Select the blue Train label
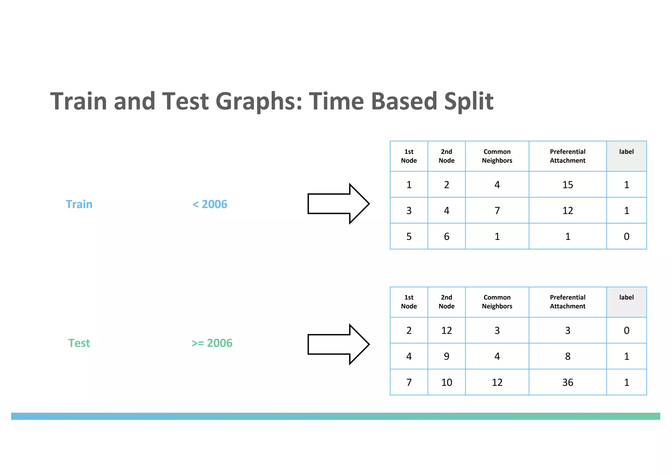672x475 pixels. pyautogui.click(x=79, y=204)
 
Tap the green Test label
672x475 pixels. pyautogui.click(x=79, y=343)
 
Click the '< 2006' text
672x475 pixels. pyautogui.click(x=210, y=204)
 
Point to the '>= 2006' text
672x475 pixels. pyautogui.click(x=212, y=343)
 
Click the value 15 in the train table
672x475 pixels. pyautogui.click(x=568, y=185)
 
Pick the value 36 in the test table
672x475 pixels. pyautogui.click(x=568, y=382)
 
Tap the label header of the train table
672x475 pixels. pyautogui.click(x=626, y=152)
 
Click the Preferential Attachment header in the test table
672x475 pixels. pyautogui.click(x=568, y=302)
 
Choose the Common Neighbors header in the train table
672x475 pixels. pyautogui.click(x=497, y=156)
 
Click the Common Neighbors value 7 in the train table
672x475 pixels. pyautogui.click(x=497, y=211)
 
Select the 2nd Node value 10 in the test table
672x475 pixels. pyautogui.click(x=447, y=382)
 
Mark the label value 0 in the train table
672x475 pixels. pyautogui.click(x=626, y=237)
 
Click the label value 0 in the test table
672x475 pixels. pyautogui.click(x=626, y=331)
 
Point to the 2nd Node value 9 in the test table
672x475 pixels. pyautogui.click(x=447, y=357)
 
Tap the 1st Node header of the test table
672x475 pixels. pyautogui.click(x=409, y=302)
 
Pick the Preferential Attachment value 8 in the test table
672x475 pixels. pyautogui.click(x=568, y=357)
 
